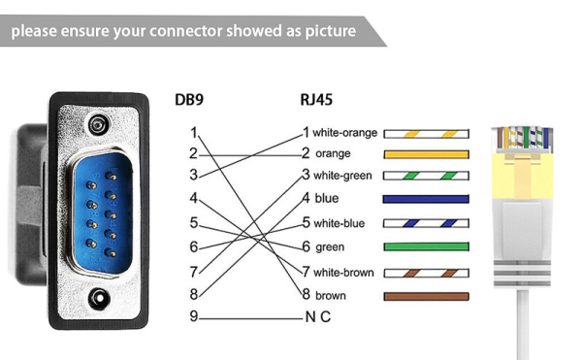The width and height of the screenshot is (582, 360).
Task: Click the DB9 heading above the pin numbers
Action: (x=190, y=99)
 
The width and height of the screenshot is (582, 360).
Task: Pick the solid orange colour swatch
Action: (x=426, y=154)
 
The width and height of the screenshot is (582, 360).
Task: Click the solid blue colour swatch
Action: (x=426, y=199)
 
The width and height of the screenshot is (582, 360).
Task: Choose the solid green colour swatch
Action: (x=426, y=246)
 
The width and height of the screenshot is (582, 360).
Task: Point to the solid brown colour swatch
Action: (x=426, y=295)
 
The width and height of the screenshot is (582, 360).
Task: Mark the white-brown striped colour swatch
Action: (x=426, y=273)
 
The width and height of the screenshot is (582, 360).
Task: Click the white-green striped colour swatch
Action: (x=426, y=176)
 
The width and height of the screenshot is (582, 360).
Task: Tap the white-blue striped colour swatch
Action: (x=426, y=223)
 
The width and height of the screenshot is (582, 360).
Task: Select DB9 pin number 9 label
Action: (x=194, y=317)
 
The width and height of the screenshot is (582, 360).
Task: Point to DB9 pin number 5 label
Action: (x=194, y=223)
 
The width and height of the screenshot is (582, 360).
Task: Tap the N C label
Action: (x=316, y=317)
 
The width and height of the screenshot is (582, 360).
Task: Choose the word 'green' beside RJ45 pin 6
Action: (x=330, y=247)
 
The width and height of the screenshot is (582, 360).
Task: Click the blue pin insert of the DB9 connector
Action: (x=96, y=212)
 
